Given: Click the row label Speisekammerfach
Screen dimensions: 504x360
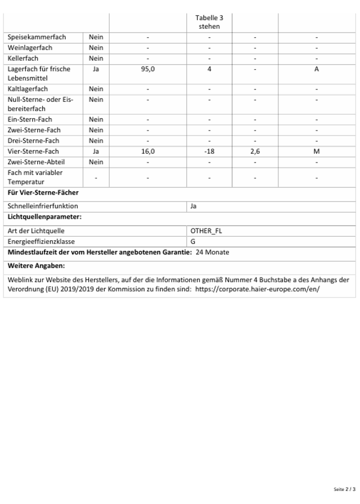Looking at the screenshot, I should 37,37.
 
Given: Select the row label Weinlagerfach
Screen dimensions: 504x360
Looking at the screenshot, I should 30,48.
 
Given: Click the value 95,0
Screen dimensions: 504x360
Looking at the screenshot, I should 148,69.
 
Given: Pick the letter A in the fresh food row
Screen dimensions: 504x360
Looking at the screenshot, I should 317,69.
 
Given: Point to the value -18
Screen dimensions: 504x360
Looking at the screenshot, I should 209,151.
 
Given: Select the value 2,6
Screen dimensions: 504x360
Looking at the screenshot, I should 255,151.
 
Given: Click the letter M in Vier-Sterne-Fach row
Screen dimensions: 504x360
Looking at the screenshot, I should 317,151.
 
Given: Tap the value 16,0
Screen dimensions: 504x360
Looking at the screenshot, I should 148,151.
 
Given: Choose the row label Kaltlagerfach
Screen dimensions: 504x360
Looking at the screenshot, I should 28,89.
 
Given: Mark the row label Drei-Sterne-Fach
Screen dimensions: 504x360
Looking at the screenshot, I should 29,141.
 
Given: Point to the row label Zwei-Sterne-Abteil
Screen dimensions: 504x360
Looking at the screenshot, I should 32,162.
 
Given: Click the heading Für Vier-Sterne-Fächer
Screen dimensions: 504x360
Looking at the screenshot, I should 43,192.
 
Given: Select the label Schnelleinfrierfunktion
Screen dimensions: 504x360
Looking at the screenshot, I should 43,206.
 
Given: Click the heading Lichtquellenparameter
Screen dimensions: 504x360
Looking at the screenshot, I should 44,217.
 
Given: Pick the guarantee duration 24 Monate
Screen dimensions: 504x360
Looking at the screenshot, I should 213,252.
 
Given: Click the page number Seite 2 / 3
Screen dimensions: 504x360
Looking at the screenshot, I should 344,489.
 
